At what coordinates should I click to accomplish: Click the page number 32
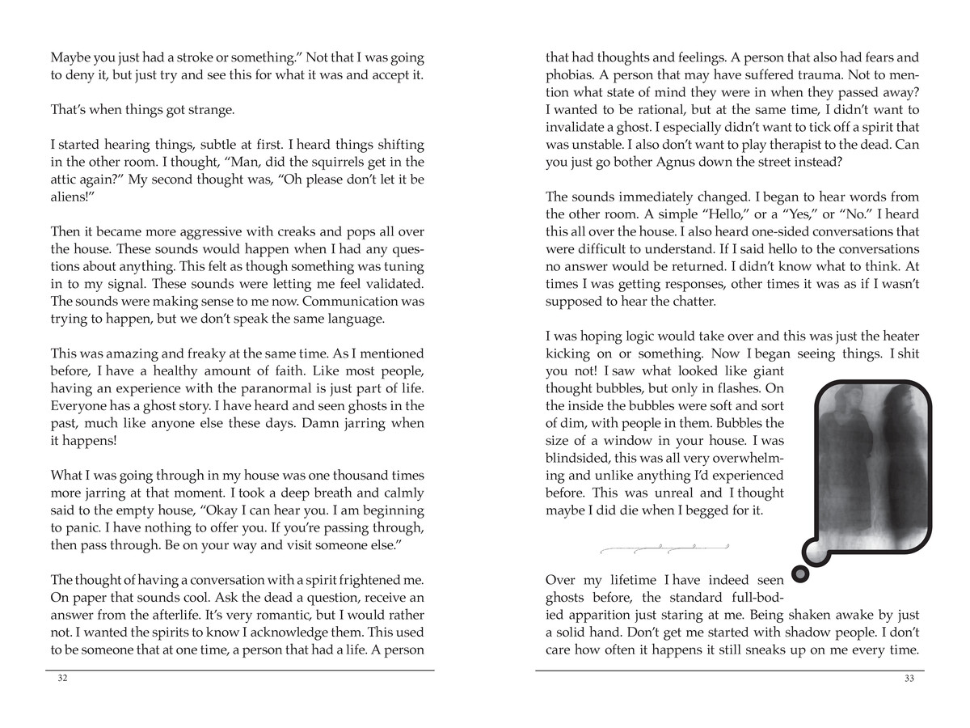[62, 679]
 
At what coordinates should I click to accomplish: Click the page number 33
[909, 679]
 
